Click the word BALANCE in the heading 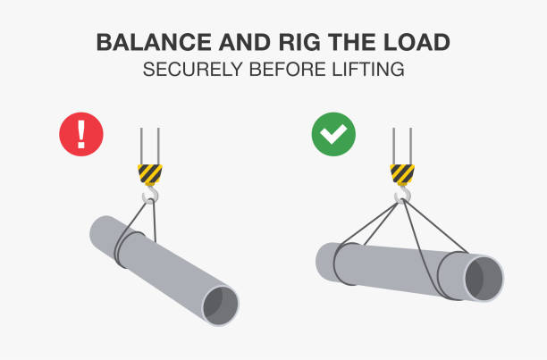154,43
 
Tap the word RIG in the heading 299,43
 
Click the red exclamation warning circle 81,134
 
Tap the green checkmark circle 333,134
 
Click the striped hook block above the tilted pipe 150,174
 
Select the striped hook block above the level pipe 402,174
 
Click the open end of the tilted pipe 221,306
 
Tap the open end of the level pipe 484,279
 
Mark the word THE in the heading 352,43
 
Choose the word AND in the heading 245,43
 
